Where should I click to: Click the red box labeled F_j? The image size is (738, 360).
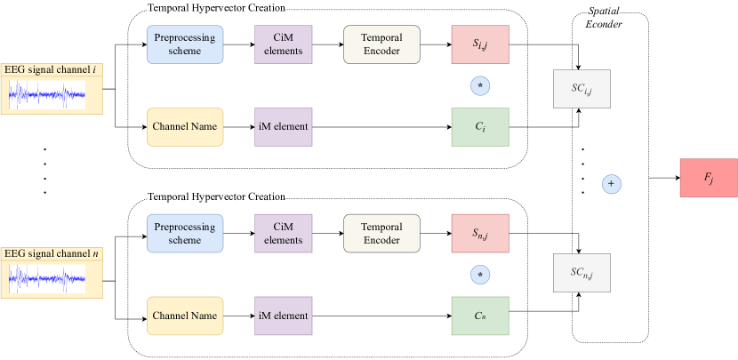click(x=708, y=177)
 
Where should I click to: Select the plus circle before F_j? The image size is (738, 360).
click(x=611, y=184)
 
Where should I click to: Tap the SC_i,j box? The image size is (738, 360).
click(x=582, y=89)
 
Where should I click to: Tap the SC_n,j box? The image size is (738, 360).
click(x=582, y=273)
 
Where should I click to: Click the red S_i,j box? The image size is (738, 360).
click(x=480, y=44)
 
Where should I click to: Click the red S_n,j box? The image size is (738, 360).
click(x=480, y=234)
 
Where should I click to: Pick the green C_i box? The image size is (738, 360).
click(x=480, y=127)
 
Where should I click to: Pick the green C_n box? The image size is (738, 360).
click(x=480, y=316)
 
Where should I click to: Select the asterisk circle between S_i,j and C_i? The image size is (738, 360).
click(x=480, y=86)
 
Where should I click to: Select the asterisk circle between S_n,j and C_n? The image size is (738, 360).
click(x=480, y=275)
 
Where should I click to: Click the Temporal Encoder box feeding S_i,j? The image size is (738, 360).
click(x=381, y=44)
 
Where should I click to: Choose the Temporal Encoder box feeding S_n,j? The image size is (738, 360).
click(x=381, y=234)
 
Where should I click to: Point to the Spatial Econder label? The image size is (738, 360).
click(x=604, y=18)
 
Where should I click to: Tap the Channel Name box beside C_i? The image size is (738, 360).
click(x=185, y=127)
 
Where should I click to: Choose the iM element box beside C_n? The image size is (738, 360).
click(x=284, y=316)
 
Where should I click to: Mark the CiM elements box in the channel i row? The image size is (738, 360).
click(x=284, y=44)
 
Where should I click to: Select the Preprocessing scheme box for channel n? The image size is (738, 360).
click(x=185, y=234)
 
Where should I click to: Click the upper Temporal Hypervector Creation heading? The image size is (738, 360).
click(x=216, y=8)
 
